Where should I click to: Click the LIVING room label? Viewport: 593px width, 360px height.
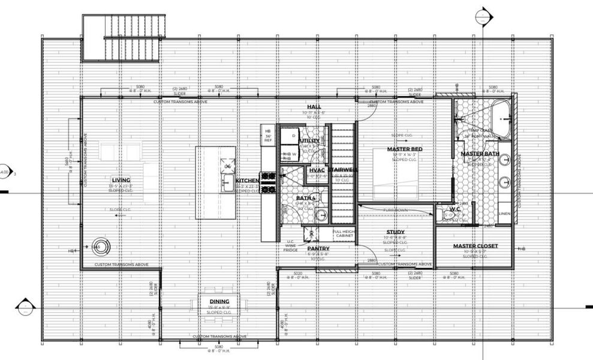click(x=121, y=180)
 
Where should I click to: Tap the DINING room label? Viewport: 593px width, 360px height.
click(x=219, y=301)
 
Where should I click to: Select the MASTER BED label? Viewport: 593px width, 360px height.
click(x=405, y=149)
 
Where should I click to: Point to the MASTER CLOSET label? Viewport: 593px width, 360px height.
click(x=475, y=246)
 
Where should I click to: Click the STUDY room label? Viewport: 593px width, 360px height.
click(x=395, y=232)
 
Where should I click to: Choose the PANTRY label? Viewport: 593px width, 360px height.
click(x=318, y=248)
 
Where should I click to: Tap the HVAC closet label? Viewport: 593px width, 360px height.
click(x=317, y=170)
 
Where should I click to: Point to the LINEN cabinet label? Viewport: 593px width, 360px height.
click(x=504, y=213)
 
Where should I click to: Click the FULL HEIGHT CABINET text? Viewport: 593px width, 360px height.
click(x=344, y=234)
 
